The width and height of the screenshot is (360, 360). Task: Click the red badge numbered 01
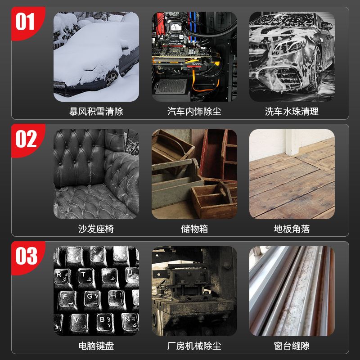pos(27,23)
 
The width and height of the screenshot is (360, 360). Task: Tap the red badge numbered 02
pos(27,140)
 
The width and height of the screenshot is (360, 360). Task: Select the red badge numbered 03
pos(27,257)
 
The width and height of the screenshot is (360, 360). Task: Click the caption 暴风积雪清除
pos(96,112)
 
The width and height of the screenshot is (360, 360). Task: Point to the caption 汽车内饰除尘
pos(194,112)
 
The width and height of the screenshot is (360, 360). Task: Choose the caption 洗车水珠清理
pos(292,112)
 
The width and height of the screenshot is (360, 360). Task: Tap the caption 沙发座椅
pos(96,229)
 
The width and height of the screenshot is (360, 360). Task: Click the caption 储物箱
pos(194,229)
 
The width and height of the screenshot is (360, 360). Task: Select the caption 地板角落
pos(292,229)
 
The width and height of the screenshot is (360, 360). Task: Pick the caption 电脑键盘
pos(96,346)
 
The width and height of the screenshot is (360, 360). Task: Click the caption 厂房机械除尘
pos(194,346)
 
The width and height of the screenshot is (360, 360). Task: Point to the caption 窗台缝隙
pos(292,346)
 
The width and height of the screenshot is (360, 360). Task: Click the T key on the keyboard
pos(86,277)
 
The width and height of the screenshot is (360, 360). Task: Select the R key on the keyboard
pos(62,277)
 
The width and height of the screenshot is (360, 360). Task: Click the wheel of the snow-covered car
pos(112,78)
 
